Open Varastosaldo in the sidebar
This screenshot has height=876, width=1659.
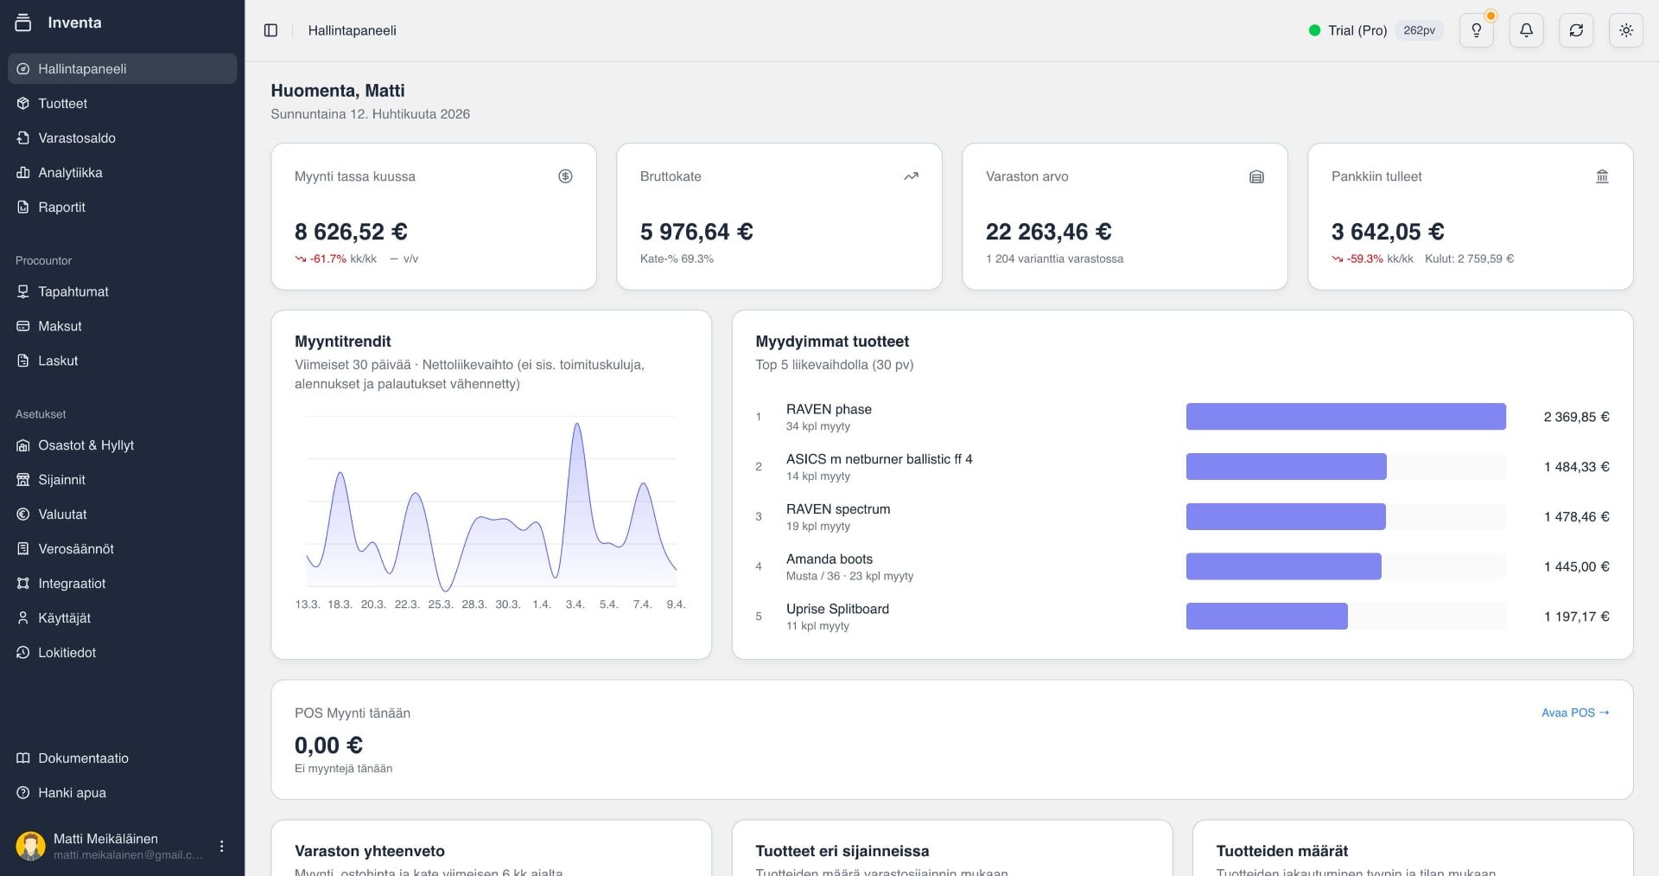76,138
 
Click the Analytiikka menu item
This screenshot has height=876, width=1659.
69,173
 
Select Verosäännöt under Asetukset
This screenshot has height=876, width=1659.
75,549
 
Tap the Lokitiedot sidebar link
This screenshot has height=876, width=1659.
67,653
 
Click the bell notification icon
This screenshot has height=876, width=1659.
1526,30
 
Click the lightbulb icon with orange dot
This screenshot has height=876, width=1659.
1476,30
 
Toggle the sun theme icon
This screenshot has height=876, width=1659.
1625,30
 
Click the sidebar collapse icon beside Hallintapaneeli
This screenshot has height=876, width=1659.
270,30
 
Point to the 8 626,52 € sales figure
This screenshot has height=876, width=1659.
351,232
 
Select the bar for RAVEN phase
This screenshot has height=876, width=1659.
1345,417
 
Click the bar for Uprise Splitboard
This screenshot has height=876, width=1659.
1266,617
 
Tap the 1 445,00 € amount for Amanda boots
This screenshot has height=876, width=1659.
1576,567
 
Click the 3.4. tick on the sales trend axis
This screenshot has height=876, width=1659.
575,604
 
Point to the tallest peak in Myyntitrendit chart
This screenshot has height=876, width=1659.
577,425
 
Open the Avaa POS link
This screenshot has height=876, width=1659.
1574,713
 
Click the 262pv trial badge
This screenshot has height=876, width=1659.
1419,30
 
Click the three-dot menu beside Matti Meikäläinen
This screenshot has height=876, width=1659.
222,846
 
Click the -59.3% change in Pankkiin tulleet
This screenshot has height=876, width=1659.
1363,259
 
